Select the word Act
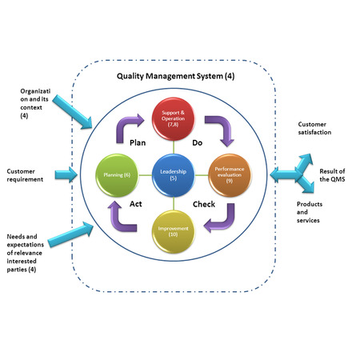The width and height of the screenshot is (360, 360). (x=138, y=204)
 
